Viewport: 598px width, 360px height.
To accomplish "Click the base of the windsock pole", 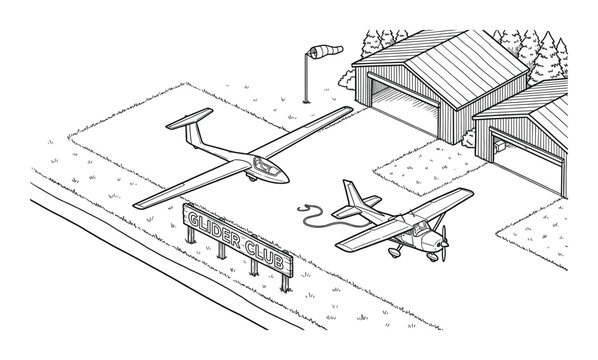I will (306, 98).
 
